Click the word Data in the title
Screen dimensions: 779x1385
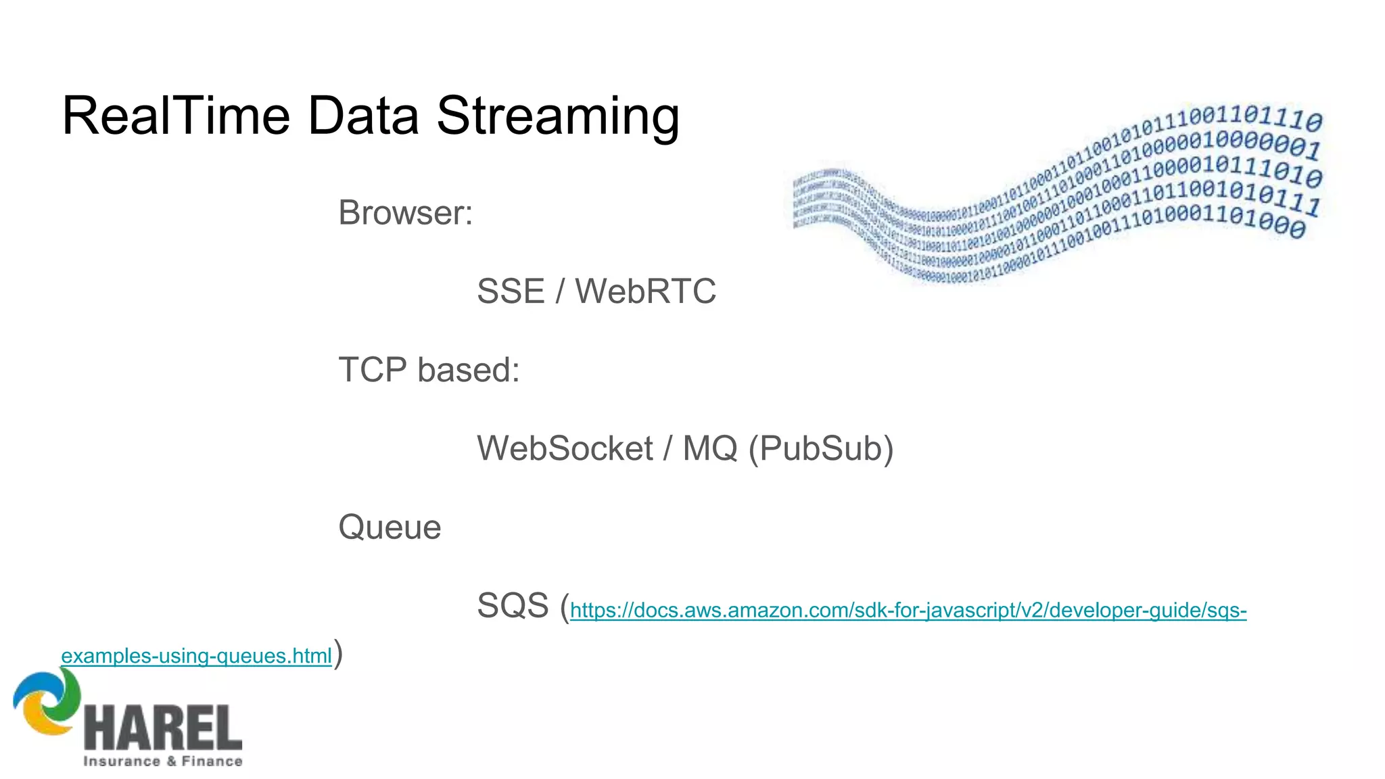click(x=362, y=116)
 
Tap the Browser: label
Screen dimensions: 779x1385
click(x=405, y=213)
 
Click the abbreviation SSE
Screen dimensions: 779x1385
click(x=511, y=291)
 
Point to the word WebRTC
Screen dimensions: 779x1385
click(x=645, y=291)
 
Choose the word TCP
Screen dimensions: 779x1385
click(x=373, y=370)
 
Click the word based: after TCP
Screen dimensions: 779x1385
click(x=469, y=370)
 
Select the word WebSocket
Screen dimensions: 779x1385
click(x=565, y=448)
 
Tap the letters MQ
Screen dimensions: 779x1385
click(x=709, y=448)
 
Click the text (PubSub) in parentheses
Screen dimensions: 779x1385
click(x=821, y=448)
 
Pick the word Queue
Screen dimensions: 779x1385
click(x=390, y=527)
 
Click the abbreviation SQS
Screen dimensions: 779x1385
click(x=513, y=605)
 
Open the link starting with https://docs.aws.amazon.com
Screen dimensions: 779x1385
click(x=908, y=611)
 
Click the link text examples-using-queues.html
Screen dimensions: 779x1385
click(x=196, y=656)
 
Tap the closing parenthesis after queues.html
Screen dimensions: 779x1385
click(x=338, y=654)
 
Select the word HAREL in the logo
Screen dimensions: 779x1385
click(x=162, y=728)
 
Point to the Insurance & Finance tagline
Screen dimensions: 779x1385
click(x=162, y=761)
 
